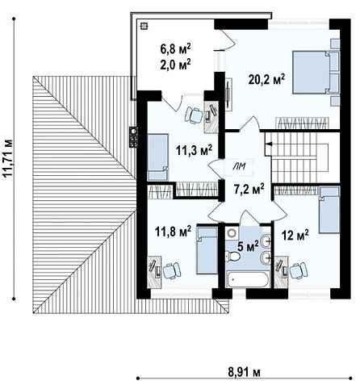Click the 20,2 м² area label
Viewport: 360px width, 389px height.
pyautogui.click(x=266, y=80)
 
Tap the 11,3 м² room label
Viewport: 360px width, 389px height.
pyautogui.click(x=195, y=150)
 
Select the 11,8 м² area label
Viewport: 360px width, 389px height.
pyautogui.click(x=173, y=231)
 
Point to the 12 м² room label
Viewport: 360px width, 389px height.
pyautogui.click(x=295, y=235)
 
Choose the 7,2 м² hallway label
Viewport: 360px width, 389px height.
pyautogui.click(x=249, y=189)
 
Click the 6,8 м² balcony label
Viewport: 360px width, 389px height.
pyautogui.click(x=175, y=48)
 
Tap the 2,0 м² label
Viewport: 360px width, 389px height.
pyautogui.click(x=175, y=65)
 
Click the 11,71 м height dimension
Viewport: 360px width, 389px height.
pyautogui.click(x=9, y=157)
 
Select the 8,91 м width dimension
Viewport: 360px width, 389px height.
pyautogui.click(x=245, y=373)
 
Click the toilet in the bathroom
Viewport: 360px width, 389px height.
pyautogui.click(x=233, y=256)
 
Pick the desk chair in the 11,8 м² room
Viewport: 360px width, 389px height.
pyautogui.click(x=171, y=270)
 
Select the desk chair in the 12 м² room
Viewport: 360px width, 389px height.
pyautogui.click(x=298, y=270)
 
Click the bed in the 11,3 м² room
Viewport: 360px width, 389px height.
pyautogui.click(x=158, y=157)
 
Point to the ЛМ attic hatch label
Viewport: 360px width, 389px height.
pyautogui.click(x=239, y=167)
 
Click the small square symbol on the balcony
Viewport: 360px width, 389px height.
pyautogui.click(x=144, y=26)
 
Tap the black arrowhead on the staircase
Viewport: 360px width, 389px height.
pyautogui.click(x=270, y=144)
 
